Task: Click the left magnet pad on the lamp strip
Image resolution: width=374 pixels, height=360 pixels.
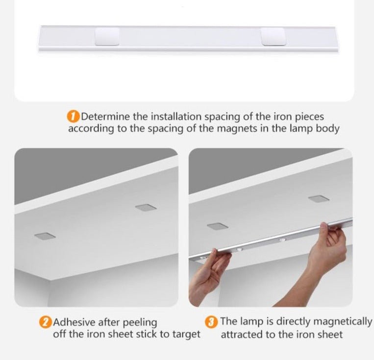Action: [x=107, y=36]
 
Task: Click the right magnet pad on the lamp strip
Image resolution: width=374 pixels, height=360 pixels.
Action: [x=273, y=36]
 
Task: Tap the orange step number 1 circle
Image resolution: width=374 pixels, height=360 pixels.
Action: [x=73, y=117]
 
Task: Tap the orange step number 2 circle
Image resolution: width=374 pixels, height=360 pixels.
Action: [x=45, y=322]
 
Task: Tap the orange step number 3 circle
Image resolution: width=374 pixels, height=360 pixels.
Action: [x=211, y=322]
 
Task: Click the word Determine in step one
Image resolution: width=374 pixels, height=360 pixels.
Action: [x=106, y=117]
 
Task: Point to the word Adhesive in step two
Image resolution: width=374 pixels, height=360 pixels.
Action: [x=74, y=322]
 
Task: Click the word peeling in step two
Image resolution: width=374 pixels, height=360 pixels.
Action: [x=140, y=323]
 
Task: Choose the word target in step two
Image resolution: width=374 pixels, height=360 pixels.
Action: [x=186, y=334]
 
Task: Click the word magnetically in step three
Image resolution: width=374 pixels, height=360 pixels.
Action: [x=342, y=322]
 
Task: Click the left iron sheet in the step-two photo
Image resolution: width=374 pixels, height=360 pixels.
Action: [x=45, y=236]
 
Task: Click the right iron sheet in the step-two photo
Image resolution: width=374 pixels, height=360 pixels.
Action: [x=146, y=207]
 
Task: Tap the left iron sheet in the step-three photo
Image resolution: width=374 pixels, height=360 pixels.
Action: [x=218, y=226]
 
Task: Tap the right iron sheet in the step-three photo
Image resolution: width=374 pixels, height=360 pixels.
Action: [x=319, y=198]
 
